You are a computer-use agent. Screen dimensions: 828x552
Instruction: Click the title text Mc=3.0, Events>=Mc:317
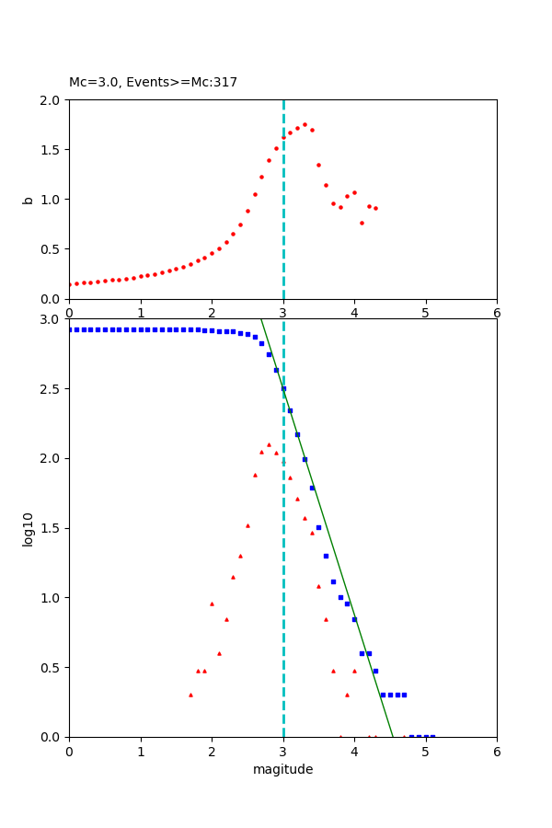153,83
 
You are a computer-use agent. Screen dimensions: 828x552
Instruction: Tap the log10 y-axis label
28,529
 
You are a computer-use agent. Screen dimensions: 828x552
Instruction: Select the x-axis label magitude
282,770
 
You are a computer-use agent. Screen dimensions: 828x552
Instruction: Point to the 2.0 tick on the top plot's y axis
52,99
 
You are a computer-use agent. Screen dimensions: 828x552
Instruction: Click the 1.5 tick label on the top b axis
52,150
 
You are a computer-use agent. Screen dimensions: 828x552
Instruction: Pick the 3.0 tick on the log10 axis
52,319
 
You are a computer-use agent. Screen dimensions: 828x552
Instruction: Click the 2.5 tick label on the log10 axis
52,389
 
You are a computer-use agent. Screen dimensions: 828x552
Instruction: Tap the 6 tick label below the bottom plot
497,752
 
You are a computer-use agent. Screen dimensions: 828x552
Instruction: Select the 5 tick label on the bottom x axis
425,752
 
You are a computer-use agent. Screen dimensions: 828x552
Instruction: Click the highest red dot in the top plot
305,124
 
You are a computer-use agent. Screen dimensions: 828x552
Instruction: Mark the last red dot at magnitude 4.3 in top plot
375,208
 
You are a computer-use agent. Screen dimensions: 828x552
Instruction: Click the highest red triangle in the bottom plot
269,444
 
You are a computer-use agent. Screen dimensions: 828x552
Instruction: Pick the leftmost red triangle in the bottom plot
190,695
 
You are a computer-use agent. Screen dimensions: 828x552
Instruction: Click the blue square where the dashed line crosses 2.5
283,388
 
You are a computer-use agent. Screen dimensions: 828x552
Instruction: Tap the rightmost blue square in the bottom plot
432,736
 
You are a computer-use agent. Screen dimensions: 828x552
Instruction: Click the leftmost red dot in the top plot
69,284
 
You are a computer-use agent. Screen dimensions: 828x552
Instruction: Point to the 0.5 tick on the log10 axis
52,668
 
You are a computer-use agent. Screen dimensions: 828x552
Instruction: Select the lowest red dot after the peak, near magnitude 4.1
362,223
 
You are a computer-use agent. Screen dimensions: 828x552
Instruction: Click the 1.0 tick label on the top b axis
52,200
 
